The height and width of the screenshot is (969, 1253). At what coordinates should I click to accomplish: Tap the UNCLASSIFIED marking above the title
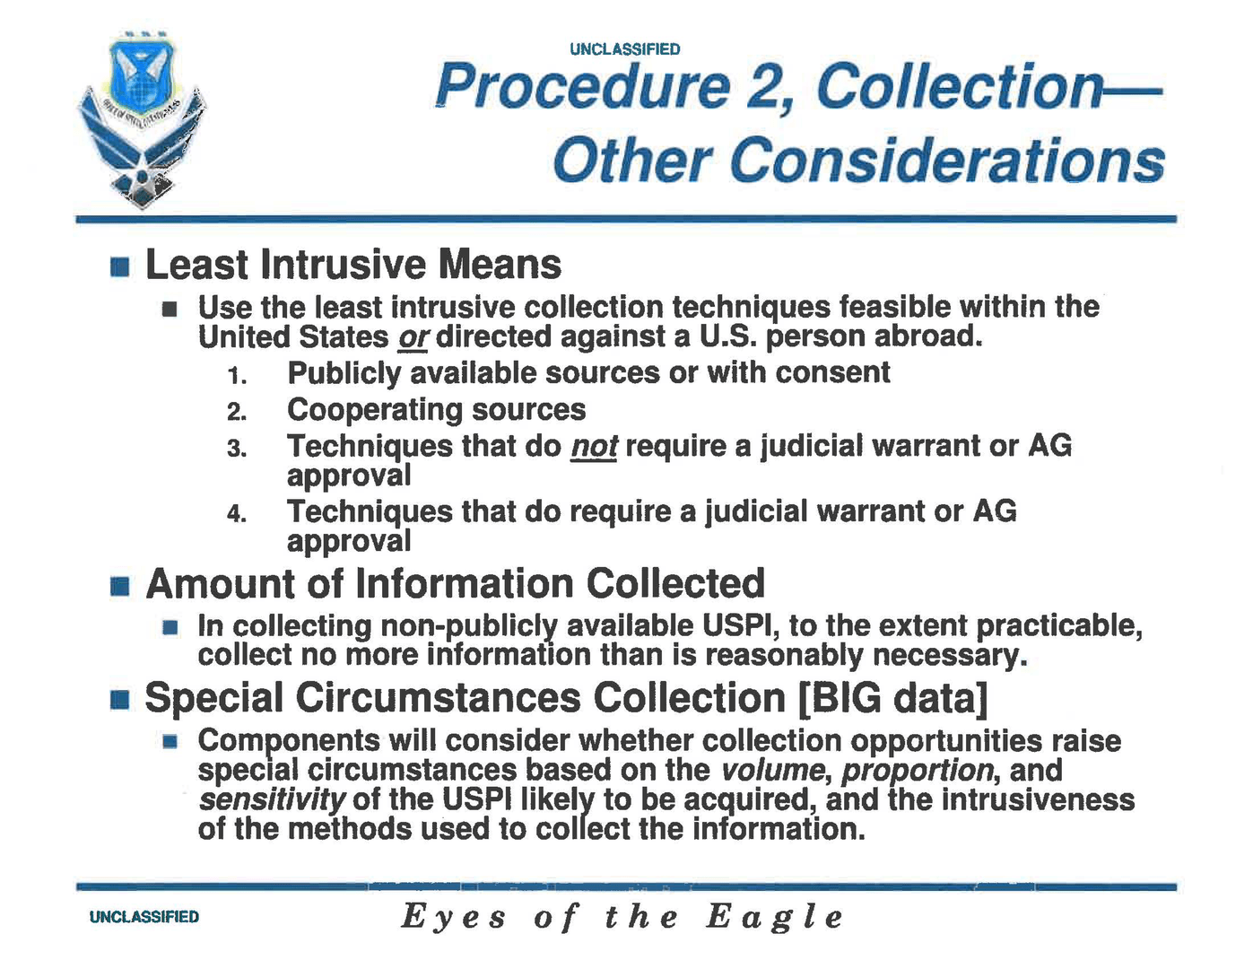point(624,49)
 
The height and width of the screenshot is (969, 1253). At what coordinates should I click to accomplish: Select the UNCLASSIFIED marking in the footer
point(144,917)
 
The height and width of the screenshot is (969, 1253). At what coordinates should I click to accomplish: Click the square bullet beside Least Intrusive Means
point(120,266)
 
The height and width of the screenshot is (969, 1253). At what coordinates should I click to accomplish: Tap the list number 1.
point(237,376)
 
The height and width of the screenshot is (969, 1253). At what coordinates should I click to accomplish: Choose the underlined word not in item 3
point(594,446)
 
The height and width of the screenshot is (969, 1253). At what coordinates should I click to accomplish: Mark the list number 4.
point(237,514)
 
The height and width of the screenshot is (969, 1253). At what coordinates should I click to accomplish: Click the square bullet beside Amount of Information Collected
point(120,586)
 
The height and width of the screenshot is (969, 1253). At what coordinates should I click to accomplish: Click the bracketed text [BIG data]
point(892,698)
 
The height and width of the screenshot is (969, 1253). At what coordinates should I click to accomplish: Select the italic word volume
point(772,770)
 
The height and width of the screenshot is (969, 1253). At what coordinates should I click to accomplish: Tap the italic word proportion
point(918,770)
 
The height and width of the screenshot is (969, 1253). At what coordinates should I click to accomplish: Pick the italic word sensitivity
point(271,799)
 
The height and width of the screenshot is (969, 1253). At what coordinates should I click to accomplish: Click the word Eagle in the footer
point(775,917)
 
